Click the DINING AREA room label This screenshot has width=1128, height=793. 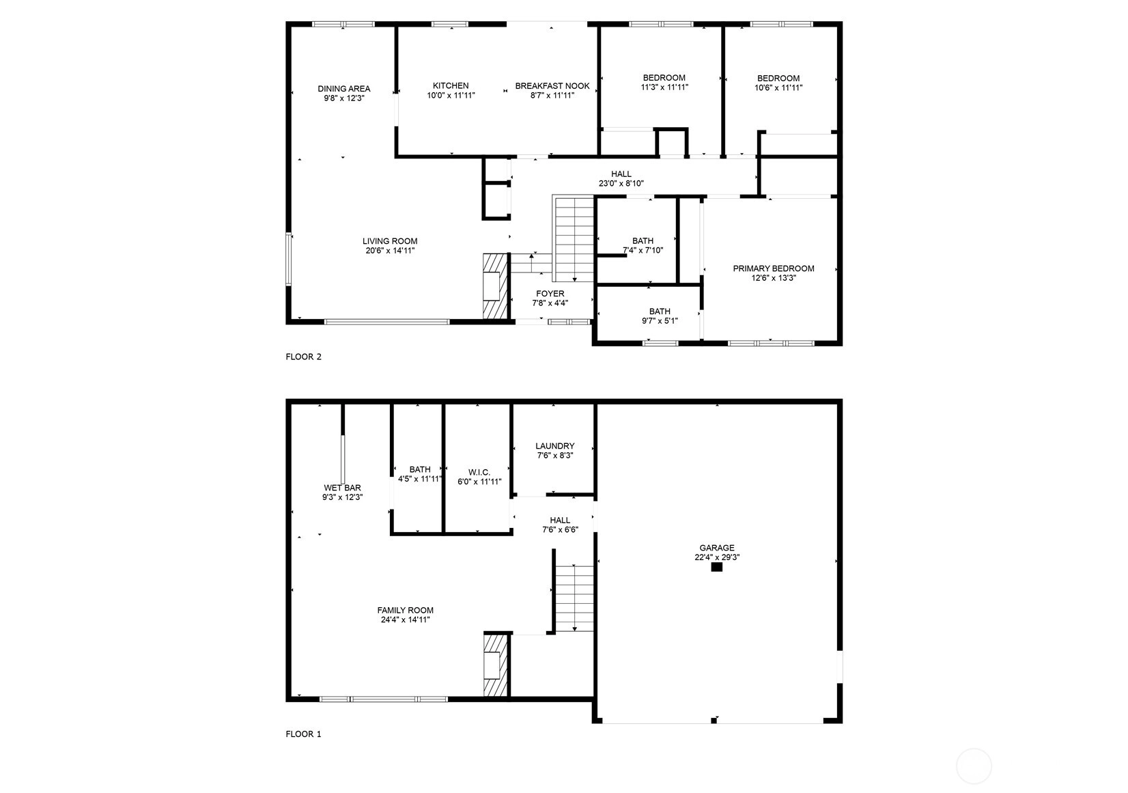click(x=344, y=89)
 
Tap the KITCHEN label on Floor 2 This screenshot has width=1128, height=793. click(x=451, y=85)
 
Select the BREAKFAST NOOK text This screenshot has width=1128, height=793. click(x=552, y=85)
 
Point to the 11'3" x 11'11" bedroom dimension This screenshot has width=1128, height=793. click(x=664, y=87)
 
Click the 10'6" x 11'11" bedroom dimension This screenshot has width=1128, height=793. click(x=778, y=87)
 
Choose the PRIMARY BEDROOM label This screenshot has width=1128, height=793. click(x=774, y=268)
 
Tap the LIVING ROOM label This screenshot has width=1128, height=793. click(x=390, y=241)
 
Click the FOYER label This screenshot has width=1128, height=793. click(x=550, y=294)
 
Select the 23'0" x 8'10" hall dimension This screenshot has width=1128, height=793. click(x=621, y=184)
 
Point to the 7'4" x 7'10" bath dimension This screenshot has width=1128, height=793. click(x=643, y=251)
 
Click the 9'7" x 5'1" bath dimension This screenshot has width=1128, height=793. click(x=660, y=321)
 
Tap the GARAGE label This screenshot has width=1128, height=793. click(x=716, y=548)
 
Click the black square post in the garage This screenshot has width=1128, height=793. click(x=716, y=568)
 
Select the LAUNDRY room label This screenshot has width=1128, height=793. click(x=554, y=446)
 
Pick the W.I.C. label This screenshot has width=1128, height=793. click(x=479, y=472)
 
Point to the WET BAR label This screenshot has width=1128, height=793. click(x=343, y=488)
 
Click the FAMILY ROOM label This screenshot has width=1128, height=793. click(x=406, y=610)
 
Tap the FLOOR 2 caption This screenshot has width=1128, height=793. click(x=303, y=357)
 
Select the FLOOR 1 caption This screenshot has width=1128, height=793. click(x=303, y=734)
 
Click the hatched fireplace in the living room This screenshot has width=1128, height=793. click(x=495, y=286)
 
